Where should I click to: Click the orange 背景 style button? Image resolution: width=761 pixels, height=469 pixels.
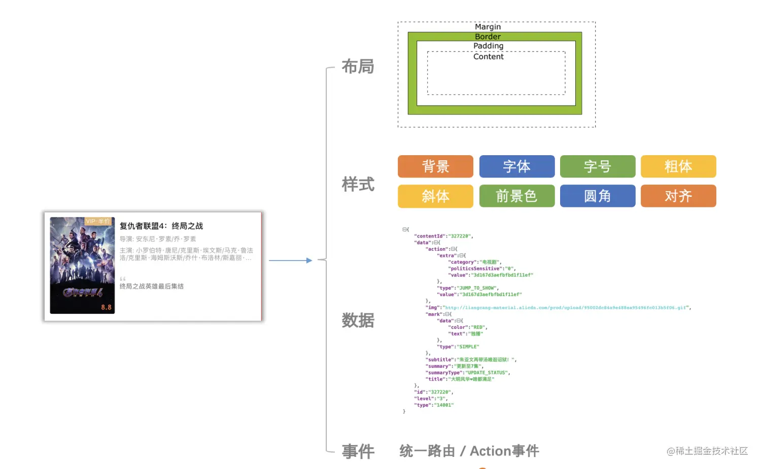[x=435, y=166]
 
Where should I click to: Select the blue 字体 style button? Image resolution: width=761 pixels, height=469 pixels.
[x=516, y=166]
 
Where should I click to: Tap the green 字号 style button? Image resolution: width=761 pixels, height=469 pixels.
[x=597, y=166]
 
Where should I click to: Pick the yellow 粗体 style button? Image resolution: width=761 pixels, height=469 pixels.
[x=678, y=166]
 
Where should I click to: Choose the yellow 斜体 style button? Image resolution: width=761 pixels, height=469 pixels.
[x=435, y=196]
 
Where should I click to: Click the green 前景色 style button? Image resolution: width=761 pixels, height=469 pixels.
[x=516, y=196]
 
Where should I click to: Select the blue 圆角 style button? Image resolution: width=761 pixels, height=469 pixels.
[x=597, y=196]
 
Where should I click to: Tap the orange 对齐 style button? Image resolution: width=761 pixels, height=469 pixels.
[x=678, y=196]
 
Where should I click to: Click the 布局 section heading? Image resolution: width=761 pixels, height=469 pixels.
[x=358, y=66]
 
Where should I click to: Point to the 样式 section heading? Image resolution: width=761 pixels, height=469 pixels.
[x=358, y=184]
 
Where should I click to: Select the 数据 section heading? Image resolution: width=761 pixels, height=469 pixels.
[x=358, y=320]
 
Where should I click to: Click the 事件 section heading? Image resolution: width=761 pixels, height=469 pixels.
[x=358, y=451]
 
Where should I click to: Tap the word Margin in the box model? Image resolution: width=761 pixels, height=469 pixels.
[x=488, y=27]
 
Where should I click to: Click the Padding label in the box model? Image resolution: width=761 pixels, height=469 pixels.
[x=488, y=46]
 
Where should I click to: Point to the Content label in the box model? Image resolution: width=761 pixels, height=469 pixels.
[x=488, y=57]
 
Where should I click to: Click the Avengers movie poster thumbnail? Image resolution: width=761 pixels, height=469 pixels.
[x=82, y=265]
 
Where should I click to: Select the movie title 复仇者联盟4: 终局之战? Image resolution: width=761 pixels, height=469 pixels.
[x=161, y=226]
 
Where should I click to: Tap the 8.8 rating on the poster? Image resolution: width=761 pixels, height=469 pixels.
[x=106, y=307]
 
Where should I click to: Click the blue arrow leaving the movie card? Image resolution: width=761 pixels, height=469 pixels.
[x=290, y=261]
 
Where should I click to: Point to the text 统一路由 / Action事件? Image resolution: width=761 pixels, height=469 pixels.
[x=469, y=451]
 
